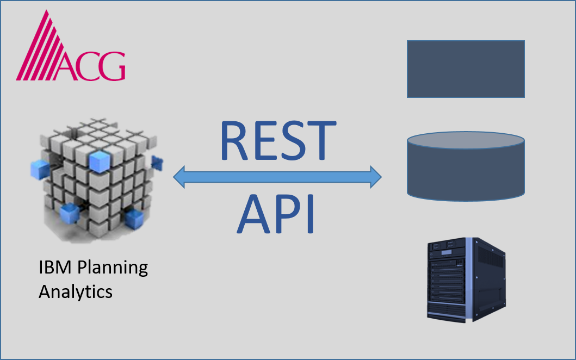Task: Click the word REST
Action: point(277,140)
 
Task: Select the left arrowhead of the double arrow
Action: point(181,177)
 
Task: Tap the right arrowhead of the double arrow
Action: point(374,177)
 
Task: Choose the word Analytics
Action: point(75,291)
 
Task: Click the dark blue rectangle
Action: point(466,69)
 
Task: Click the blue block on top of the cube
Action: point(100,159)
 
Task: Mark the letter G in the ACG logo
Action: point(112,66)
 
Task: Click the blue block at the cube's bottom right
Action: point(133,219)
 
